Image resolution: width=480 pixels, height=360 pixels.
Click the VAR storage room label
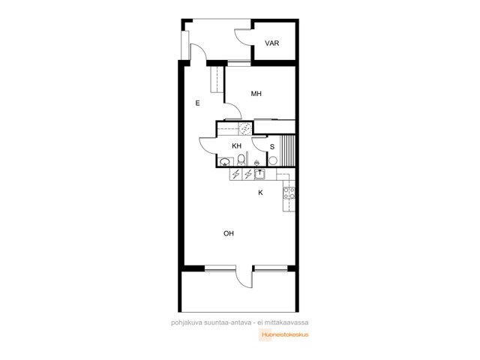click(x=271, y=43)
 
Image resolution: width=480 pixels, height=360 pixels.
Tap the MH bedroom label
click(x=256, y=94)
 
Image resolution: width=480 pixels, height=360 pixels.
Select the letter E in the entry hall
click(x=197, y=103)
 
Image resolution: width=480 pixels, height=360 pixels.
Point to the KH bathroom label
click(x=237, y=146)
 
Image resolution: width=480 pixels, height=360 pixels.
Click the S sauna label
click(x=272, y=147)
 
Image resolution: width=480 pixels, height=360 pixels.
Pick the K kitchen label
click(x=260, y=193)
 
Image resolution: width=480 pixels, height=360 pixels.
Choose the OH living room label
click(x=229, y=233)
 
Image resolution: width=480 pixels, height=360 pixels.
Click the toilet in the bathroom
click(x=241, y=160)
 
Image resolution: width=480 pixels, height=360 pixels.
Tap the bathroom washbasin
click(x=225, y=161)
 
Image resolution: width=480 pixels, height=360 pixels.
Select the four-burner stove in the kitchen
click(x=289, y=193)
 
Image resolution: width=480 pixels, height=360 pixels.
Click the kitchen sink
click(x=259, y=174)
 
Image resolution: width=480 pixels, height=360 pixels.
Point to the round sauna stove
click(x=273, y=160)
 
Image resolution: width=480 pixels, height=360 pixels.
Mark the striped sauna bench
click(x=288, y=151)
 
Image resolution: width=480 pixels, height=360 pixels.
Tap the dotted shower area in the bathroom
click(x=245, y=128)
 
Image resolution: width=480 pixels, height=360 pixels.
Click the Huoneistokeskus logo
click(x=284, y=334)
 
